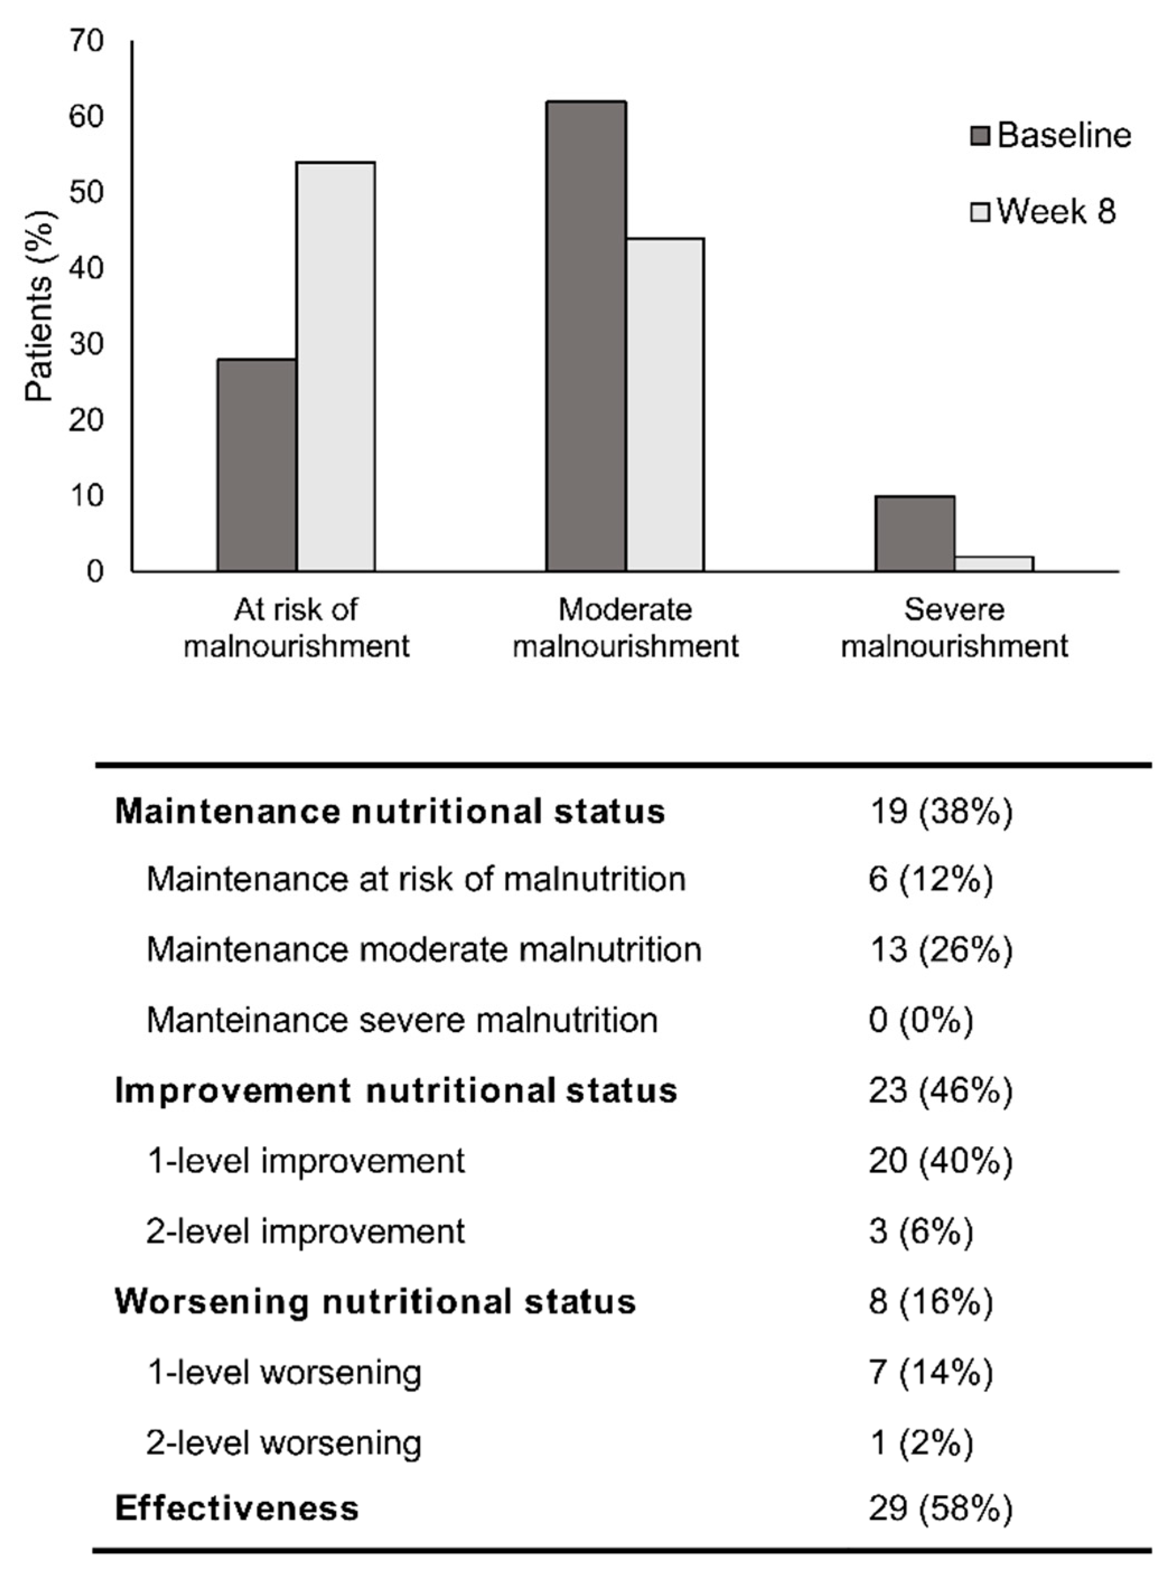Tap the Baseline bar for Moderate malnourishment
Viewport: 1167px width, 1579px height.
(x=585, y=336)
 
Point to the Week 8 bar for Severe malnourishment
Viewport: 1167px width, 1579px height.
(x=993, y=564)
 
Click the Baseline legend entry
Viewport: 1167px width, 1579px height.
(x=1052, y=135)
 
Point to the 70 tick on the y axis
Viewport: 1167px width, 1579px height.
(x=86, y=41)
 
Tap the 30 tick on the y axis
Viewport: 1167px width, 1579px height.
(x=86, y=344)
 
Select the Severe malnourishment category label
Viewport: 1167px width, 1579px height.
(x=954, y=627)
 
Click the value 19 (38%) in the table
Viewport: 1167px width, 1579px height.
(x=940, y=811)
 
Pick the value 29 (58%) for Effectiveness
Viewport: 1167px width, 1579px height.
(x=940, y=1509)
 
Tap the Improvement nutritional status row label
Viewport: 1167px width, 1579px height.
(x=396, y=1090)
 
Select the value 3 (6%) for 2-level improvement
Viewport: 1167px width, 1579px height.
(x=921, y=1231)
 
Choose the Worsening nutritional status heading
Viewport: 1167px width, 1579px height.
(x=375, y=1301)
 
